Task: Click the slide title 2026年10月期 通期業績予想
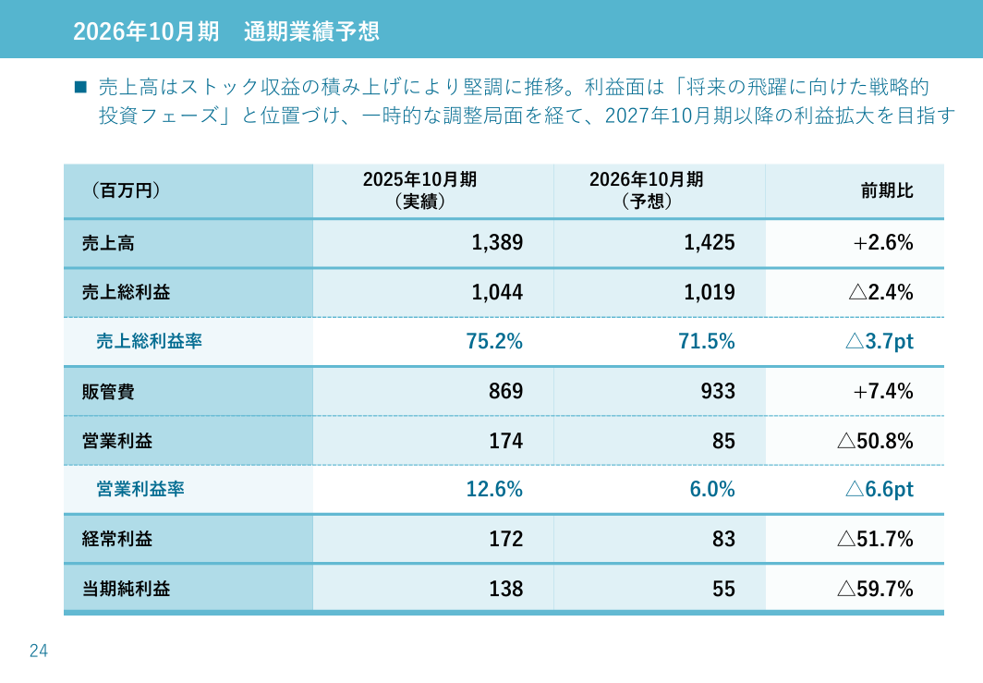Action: click(x=225, y=30)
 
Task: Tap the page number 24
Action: click(x=39, y=651)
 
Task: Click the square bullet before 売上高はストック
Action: click(x=79, y=88)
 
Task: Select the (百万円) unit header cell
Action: click(x=126, y=190)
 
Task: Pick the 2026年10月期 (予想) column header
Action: click(x=646, y=190)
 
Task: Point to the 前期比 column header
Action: click(x=887, y=190)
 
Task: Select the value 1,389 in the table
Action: click(x=497, y=243)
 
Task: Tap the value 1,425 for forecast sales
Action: click(x=710, y=243)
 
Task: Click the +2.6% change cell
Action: click(x=883, y=243)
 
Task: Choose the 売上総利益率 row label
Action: click(x=149, y=342)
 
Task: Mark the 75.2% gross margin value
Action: click(x=494, y=342)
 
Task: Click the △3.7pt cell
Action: click(x=879, y=342)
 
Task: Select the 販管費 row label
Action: click(x=108, y=392)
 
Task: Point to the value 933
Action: click(x=718, y=392)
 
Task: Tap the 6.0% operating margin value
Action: click(x=712, y=490)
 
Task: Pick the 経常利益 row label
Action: click(x=116, y=539)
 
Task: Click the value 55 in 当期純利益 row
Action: click(x=724, y=589)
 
